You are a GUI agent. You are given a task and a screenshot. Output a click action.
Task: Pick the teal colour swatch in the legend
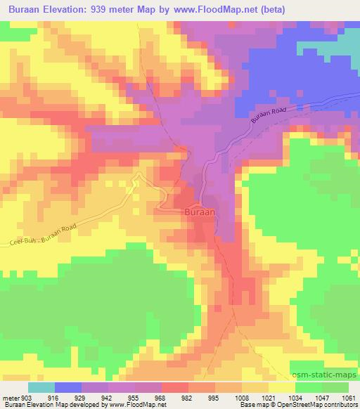41,387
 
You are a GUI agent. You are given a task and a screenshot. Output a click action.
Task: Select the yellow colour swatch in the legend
282,387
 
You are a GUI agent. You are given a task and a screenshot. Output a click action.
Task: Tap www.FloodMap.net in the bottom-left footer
135,405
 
